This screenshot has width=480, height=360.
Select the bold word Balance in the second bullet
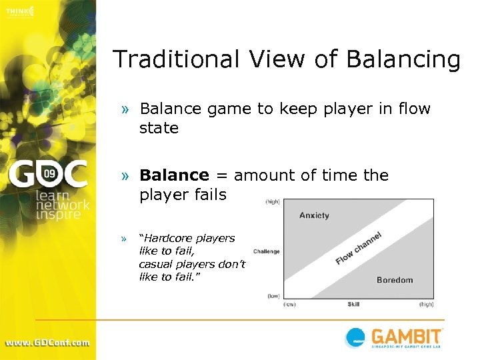pyautogui.click(x=174, y=175)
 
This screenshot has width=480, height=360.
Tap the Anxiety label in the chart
pyautogui.click(x=314, y=215)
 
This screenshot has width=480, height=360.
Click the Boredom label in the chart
pyautogui.click(x=395, y=280)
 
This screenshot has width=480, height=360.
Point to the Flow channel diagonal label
pyautogui.click(x=358, y=248)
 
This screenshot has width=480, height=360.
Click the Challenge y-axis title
pyautogui.click(x=266, y=252)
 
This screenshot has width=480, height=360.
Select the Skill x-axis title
pyautogui.click(x=353, y=305)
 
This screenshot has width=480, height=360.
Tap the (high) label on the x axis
pyautogui.click(x=426, y=305)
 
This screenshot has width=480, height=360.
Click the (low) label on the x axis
pyautogui.click(x=289, y=305)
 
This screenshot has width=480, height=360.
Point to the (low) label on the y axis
pyautogui.click(x=273, y=295)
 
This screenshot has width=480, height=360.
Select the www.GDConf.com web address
pyautogui.click(x=47, y=343)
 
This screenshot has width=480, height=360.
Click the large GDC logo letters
pyautogui.click(x=47, y=175)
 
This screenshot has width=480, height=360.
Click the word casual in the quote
pyautogui.click(x=155, y=264)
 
